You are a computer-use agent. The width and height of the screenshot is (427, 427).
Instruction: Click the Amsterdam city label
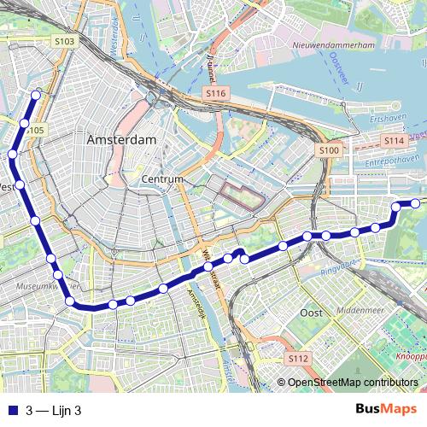120,139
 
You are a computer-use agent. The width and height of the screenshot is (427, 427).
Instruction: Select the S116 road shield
215,91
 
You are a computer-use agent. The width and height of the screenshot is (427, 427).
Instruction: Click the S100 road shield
329,150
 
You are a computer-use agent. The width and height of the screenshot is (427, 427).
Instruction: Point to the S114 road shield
394,140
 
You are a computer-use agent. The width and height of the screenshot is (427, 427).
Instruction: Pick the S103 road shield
64,41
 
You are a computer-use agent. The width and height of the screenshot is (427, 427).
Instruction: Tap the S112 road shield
297,358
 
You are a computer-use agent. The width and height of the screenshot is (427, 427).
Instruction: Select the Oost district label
311,313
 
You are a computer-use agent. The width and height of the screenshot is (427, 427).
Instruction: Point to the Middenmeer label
366,313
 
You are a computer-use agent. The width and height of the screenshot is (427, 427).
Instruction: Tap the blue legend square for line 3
11,409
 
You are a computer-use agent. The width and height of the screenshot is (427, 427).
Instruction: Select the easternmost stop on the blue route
416,203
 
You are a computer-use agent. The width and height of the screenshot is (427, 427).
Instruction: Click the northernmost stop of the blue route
36,96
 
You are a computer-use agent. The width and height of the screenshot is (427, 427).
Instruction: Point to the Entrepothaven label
377,158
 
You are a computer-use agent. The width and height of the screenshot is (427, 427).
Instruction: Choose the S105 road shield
34,130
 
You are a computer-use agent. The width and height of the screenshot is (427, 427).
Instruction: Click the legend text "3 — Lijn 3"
59,409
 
